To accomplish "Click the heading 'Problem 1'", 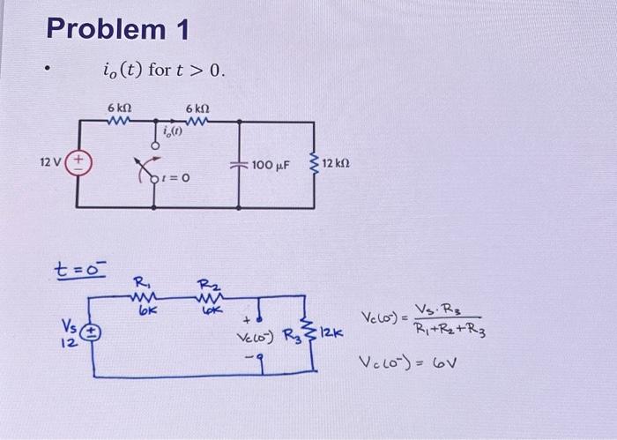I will point(117,29).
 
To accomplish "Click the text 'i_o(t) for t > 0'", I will point(164,70).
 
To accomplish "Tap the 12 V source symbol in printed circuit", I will point(77,162).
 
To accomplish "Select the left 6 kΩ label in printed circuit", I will point(119,108).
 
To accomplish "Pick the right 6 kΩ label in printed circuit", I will point(197,108).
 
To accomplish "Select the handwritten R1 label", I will point(139,283).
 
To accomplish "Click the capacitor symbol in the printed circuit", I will point(240,164).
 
